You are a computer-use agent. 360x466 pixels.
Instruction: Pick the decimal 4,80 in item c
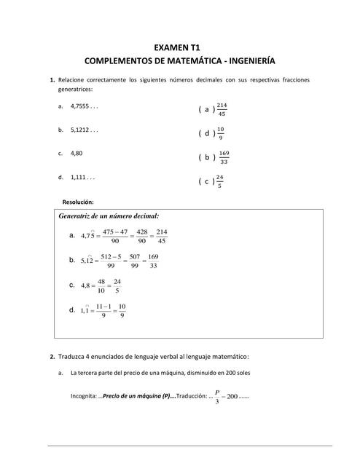tap(77, 154)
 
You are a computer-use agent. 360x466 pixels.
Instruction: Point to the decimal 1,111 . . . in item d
tap(83, 177)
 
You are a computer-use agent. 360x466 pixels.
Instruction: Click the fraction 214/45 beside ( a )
tap(222, 109)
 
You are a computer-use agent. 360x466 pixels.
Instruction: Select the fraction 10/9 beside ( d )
tap(221, 133)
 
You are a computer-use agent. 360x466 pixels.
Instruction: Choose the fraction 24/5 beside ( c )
tap(219, 181)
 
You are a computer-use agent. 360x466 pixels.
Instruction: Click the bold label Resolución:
tap(79, 202)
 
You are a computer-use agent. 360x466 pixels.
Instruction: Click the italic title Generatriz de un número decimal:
tap(108, 216)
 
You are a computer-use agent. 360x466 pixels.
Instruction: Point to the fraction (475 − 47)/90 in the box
tap(114, 236)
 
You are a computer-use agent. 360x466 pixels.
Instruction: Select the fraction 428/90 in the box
tap(142, 236)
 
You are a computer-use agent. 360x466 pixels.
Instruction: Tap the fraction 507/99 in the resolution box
tap(134, 261)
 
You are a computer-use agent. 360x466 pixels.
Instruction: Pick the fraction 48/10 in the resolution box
tap(101, 285)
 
